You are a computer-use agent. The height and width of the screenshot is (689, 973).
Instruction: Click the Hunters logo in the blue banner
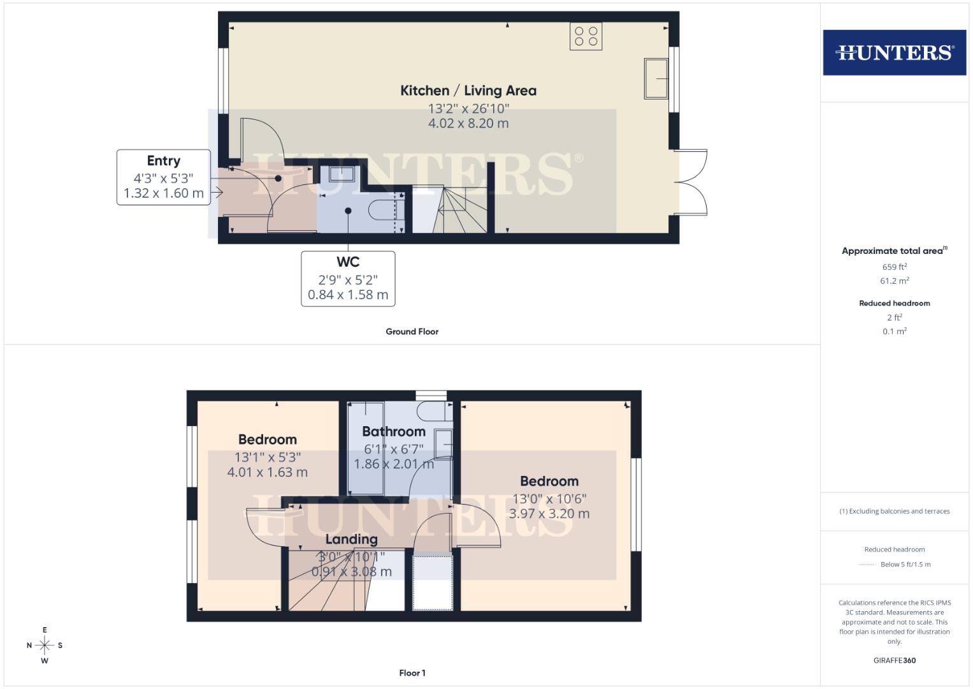(x=894, y=52)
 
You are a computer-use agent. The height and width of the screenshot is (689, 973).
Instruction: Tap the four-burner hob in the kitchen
(x=586, y=36)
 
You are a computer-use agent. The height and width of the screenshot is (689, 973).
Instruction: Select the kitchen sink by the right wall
(x=656, y=78)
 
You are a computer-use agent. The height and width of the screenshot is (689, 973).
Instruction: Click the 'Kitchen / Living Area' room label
(x=468, y=91)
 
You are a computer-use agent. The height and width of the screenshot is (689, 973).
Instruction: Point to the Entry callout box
(x=163, y=177)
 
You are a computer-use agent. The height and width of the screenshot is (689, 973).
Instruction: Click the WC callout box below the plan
(x=348, y=278)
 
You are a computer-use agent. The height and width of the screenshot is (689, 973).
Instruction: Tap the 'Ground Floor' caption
(x=412, y=332)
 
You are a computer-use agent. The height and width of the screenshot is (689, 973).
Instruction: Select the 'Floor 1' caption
(x=412, y=673)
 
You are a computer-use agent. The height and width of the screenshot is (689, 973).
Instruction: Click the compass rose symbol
(x=45, y=646)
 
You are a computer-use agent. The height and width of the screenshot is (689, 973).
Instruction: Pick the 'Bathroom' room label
(x=393, y=431)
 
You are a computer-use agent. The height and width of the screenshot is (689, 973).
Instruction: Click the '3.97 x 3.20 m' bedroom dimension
(x=549, y=514)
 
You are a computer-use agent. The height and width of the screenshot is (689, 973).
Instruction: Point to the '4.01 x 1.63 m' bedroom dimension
(x=267, y=473)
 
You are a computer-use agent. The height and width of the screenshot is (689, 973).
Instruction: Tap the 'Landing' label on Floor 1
(x=351, y=540)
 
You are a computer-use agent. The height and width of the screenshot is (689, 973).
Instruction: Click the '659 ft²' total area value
(x=894, y=267)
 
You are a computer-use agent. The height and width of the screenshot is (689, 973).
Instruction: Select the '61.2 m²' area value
(x=894, y=281)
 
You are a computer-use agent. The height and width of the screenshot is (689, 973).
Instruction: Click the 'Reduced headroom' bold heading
(x=894, y=303)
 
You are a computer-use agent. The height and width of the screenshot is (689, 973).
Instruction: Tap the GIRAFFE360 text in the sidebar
(x=894, y=660)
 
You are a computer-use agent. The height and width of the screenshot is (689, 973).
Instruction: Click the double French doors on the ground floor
(x=691, y=182)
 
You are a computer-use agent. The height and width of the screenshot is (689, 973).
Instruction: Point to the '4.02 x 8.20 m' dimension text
(x=468, y=124)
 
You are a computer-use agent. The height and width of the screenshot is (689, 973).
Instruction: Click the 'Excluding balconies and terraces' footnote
(x=894, y=511)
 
